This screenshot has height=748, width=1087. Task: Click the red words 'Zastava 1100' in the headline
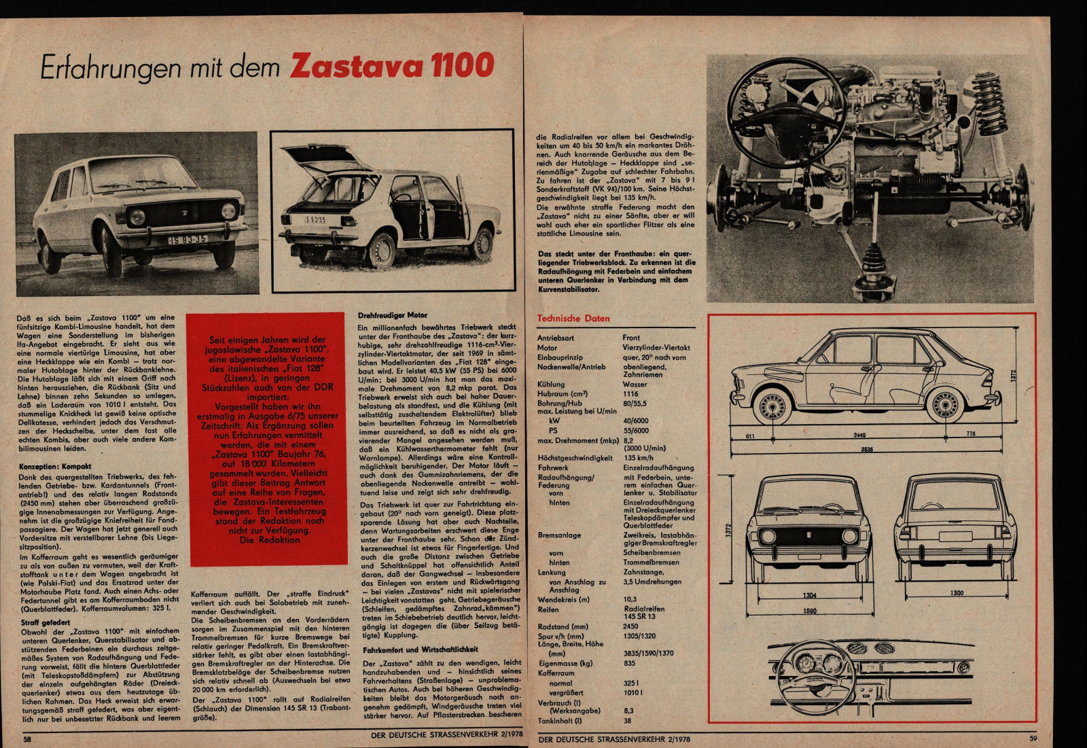point(392,66)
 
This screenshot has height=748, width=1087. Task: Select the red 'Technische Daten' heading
point(573,318)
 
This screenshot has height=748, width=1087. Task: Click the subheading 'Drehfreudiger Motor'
point(393,315)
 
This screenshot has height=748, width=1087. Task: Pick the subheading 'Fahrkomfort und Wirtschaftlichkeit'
point(421,649)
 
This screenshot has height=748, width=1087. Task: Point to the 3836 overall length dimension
point(866,449)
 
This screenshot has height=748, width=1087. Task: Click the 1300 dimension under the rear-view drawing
point(956,593)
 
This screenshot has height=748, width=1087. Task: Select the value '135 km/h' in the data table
point(638,458)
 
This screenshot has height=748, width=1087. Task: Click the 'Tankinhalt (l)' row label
point(559,720)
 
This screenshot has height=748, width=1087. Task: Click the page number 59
point(1033,738)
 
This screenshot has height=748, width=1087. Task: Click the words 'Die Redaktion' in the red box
point(270,540)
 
